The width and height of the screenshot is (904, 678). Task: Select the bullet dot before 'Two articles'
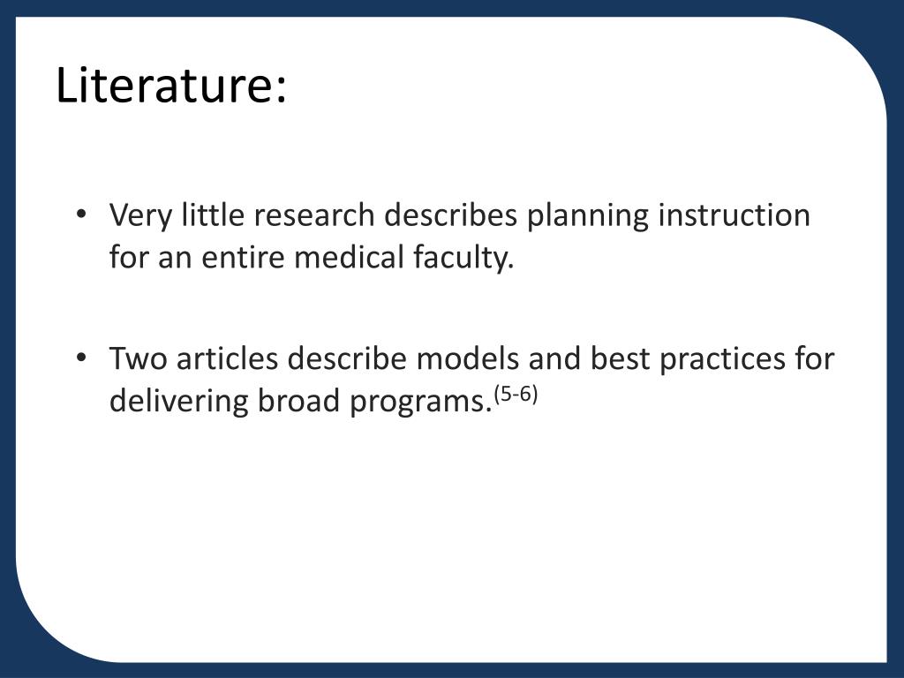click(82, 359)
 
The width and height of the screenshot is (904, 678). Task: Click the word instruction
click(734, 215)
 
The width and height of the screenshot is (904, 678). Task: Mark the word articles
click(230, 359)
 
